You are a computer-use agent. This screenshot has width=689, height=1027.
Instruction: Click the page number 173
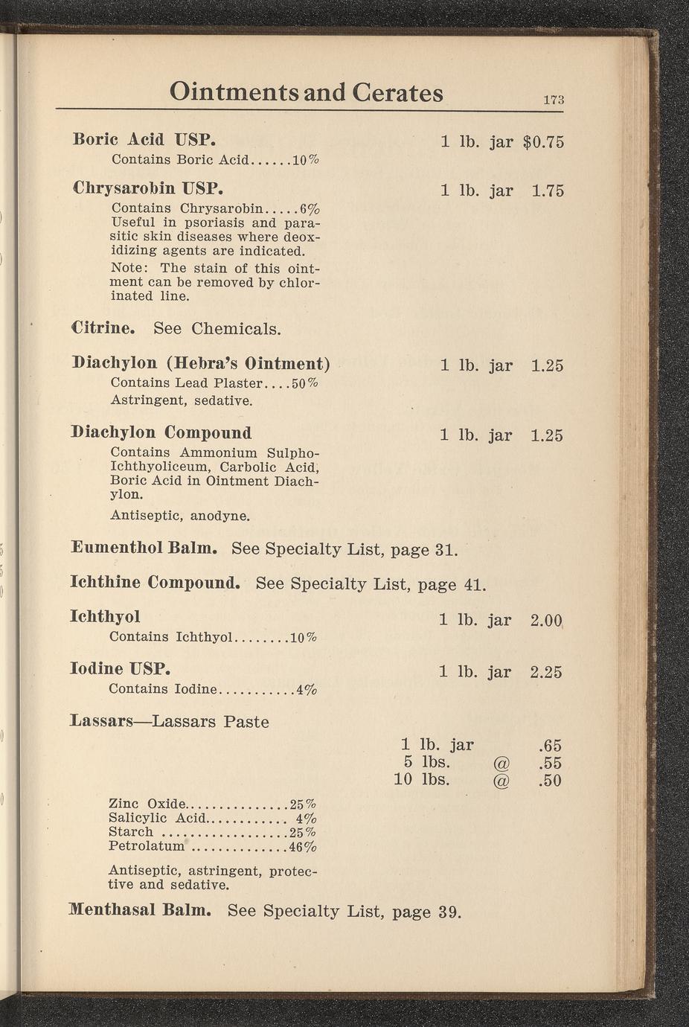554,100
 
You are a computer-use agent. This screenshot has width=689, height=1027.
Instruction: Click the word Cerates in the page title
397,92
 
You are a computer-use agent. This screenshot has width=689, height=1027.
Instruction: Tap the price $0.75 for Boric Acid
544,142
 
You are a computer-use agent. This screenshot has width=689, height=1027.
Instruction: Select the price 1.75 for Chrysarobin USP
548,191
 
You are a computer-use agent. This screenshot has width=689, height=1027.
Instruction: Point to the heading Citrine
103,327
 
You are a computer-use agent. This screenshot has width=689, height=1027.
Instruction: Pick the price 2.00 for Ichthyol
546,620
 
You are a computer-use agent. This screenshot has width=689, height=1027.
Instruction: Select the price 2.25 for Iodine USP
546,672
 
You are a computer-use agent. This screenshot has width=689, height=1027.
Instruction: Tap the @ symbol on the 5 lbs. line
501,763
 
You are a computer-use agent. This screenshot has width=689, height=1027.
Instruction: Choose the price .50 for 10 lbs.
550,781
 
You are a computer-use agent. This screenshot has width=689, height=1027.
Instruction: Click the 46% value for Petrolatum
303,847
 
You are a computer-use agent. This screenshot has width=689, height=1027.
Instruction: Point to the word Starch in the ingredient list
130,832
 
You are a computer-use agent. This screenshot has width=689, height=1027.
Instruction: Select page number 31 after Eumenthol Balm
445,550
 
